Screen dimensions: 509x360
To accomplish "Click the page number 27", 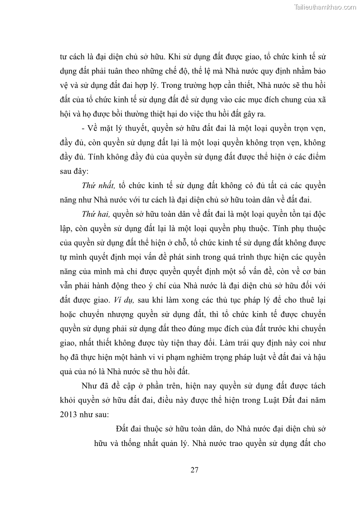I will (x=195, y=470).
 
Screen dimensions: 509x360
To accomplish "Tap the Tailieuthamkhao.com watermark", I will (x=326, y=7).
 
